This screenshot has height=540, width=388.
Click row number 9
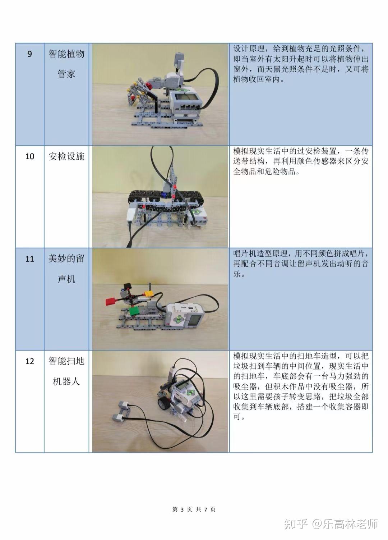click(30, 54)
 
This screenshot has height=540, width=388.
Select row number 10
click(30, 157)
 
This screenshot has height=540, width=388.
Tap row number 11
click(30, 259)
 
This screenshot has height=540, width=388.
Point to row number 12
click(30, 361)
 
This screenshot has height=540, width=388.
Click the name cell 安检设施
click(66, 157)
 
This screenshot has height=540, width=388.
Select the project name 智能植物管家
click(66, 64)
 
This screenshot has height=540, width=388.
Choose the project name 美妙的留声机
click(66, 269)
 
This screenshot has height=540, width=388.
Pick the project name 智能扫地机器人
click(66, 371)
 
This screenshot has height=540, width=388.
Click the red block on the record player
click(110, 301)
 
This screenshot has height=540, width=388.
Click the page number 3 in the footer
click(182, 509)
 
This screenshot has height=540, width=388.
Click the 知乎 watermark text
click(295, 524)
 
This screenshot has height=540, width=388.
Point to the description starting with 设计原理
click(301, 64)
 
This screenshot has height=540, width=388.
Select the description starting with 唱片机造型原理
click(301, 264)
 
